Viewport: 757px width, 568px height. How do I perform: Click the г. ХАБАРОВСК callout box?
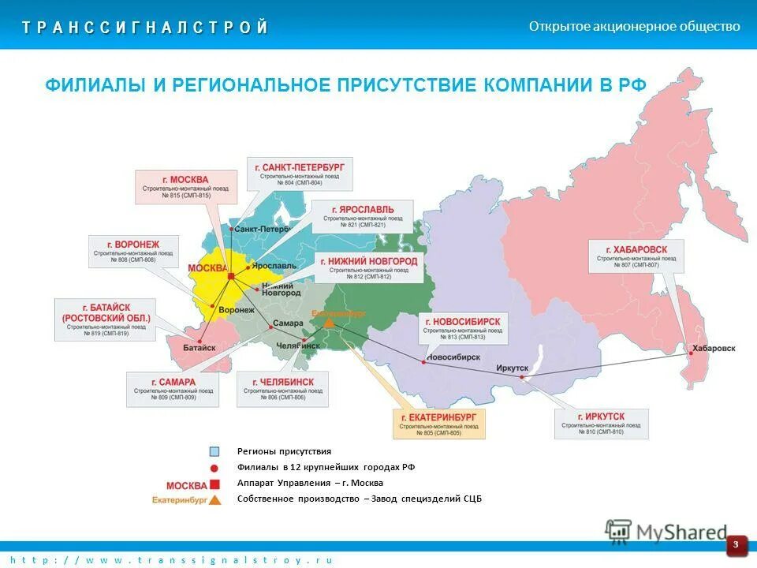pyautogui.click(x=636, y=256)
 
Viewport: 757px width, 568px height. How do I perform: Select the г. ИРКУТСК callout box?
pyautogui.click(x=601, y=424)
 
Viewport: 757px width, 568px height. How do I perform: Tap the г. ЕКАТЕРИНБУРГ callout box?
pyautogui.click(x=439, y=424)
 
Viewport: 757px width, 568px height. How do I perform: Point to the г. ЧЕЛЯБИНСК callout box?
pyautogui.click(x=282, y=389)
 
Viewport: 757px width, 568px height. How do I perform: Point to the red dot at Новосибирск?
pyautogui.click(x=424, y=361)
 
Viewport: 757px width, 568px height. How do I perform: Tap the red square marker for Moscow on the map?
pyautogui.click(x=230, y=276)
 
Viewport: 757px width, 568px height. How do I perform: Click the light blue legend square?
pyautogui.click(x=214, y=452)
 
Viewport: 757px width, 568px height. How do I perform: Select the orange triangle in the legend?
pyautogui.click(x=214, y=499)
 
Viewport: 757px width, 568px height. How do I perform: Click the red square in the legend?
pyautogui.click(x=214, y=484)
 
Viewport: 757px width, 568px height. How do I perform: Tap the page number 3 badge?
pyautogui.click(x=736, y=544)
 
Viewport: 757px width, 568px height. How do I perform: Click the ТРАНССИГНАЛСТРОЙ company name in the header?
pyautogui.click(x=146, y=28)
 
